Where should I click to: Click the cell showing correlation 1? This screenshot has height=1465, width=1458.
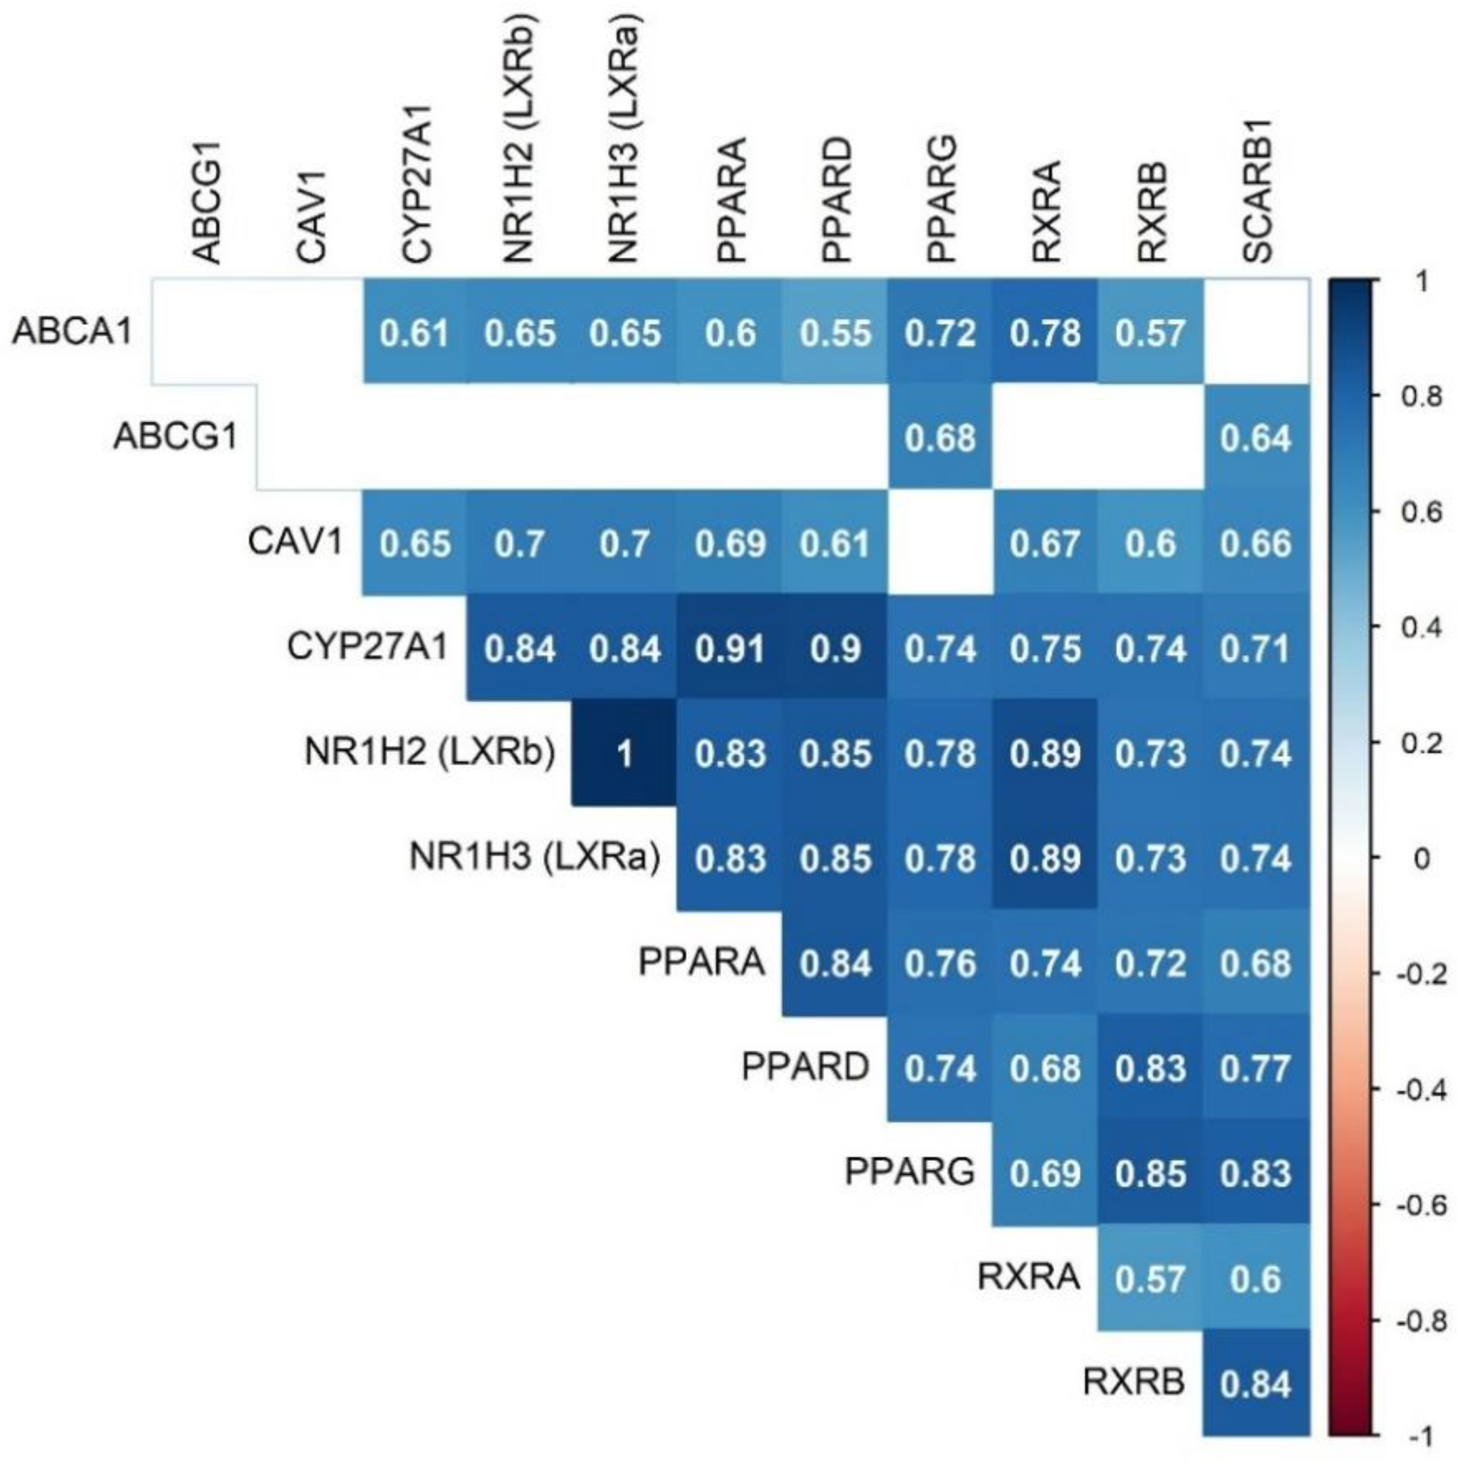[623, 754]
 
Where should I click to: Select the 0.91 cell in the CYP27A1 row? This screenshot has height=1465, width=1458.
[729, 648]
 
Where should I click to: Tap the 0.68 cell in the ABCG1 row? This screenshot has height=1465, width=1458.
[939, 437]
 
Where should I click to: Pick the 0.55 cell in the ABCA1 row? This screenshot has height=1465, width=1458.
[835, 333]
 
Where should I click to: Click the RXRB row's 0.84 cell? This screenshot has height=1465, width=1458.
[1255, 1384]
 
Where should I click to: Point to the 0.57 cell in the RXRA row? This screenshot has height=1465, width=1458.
[1150, 1279]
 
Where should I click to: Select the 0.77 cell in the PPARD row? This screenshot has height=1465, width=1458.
[1255, 1068]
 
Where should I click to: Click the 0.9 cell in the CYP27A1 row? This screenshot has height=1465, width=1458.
[835, 648]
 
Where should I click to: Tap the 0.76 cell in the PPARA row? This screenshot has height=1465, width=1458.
[939, 964]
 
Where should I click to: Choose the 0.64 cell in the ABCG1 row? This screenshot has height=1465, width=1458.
[1255, 437]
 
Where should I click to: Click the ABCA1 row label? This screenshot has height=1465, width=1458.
[72, 331]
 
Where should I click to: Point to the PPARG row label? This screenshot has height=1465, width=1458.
[909, 1172]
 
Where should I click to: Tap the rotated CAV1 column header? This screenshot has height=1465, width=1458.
[311, 216]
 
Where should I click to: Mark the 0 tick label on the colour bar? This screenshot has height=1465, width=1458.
[1422, 859]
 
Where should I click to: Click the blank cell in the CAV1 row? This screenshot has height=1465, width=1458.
[939, 543]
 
